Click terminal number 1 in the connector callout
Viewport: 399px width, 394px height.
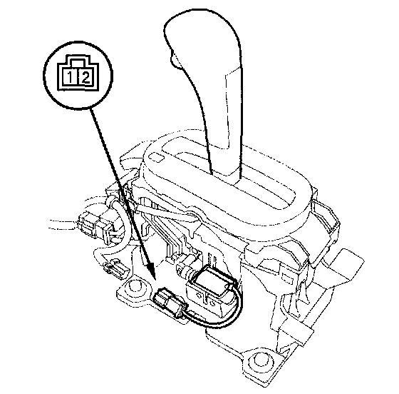click(70, 76)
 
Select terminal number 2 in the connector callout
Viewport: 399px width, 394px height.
click(85, 76)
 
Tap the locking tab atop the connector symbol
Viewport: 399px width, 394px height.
click(78, 61)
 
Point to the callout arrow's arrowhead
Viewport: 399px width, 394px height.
click(152, 271)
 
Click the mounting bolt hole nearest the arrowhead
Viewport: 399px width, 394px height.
click(135, 286)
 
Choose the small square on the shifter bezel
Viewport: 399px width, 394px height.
click(157, 157)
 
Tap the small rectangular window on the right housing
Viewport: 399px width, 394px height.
click(286, 278)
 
